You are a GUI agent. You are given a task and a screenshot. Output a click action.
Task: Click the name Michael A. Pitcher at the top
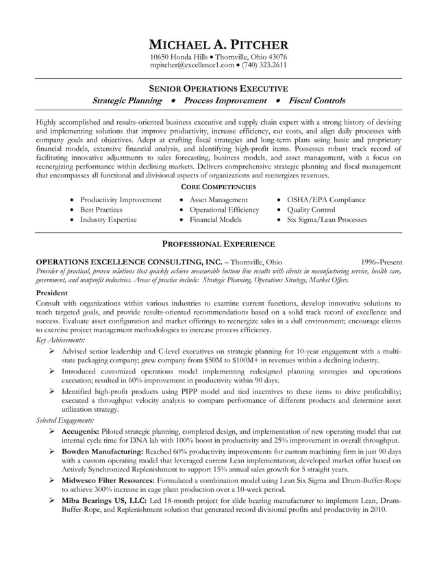(218, 44)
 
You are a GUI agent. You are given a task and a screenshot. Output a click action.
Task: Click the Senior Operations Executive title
(218, 88)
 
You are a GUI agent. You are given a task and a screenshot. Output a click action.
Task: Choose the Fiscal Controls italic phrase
(316, 101)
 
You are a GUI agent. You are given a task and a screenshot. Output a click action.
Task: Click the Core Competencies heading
(218, 186)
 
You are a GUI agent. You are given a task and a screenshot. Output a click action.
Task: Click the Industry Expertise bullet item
(108, 220)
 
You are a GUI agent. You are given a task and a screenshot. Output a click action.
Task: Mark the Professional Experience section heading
(218, 244)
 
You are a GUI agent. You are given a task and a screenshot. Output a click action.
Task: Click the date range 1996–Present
(382, 262)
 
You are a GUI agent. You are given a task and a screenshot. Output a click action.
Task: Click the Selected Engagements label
(65, 419)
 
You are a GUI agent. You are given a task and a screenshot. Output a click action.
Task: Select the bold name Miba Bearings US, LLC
(104, 501)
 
